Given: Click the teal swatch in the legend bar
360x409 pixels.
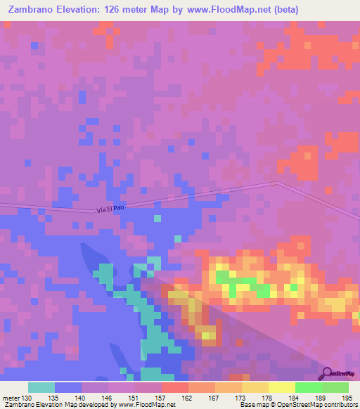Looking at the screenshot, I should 41,387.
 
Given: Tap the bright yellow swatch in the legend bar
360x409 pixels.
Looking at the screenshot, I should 281,387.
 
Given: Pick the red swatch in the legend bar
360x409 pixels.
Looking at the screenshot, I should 174,387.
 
